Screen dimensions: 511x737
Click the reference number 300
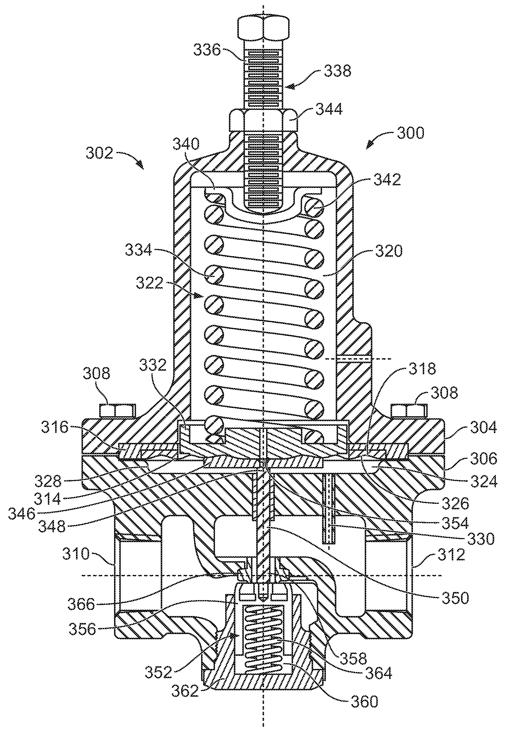tap(411, 133)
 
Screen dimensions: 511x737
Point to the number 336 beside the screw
tap(207, 50)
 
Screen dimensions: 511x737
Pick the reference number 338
tap(337, 71)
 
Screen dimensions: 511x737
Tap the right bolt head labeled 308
tap(409, 411)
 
